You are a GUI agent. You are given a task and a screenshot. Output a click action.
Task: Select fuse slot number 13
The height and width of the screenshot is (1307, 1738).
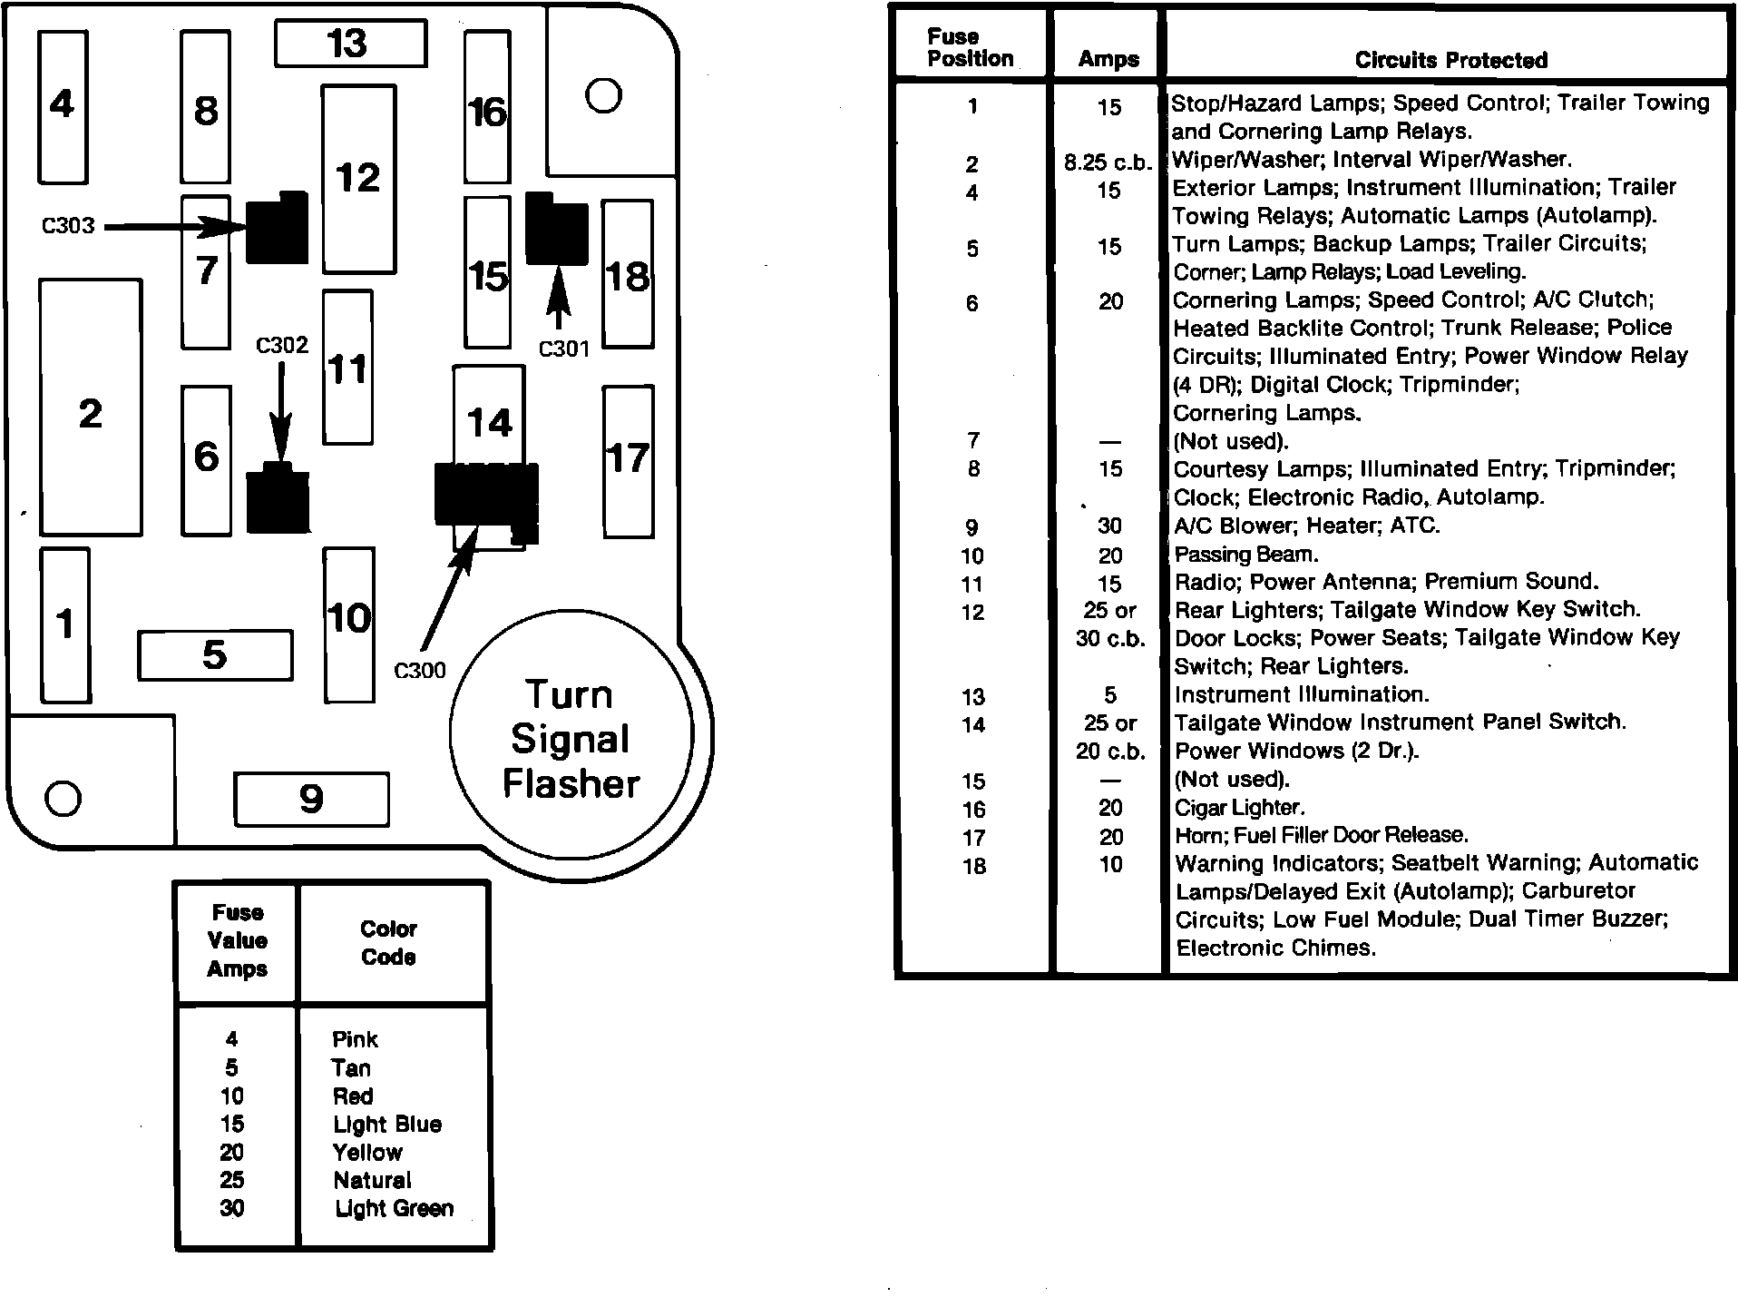tap(350, 44)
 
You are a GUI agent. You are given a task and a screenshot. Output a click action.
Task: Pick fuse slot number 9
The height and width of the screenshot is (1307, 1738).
tap(311, 799)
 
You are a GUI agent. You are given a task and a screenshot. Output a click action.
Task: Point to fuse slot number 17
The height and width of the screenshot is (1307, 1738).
tap(628, 461)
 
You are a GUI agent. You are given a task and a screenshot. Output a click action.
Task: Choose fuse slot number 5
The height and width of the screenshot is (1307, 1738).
tap(215, 654)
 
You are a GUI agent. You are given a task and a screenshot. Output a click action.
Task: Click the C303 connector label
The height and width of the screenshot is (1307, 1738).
tap(68, 225)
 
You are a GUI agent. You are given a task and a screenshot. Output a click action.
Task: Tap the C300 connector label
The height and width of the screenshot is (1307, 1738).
tap(420, 671)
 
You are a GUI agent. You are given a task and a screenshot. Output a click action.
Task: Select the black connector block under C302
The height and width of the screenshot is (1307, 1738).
tap(278, 498)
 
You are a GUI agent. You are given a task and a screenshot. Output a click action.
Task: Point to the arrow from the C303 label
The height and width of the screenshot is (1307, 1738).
tap(172, 227)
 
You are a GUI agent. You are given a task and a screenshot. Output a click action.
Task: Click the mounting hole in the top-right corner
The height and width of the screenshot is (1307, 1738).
tap(603, 95)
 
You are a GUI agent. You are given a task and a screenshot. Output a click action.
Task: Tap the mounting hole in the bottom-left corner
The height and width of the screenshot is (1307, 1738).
tap(63, 798)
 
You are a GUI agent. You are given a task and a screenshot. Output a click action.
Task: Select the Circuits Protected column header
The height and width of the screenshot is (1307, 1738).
tap(1450, 60)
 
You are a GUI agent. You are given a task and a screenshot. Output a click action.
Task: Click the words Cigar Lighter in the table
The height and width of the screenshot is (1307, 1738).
tap(1239, 808)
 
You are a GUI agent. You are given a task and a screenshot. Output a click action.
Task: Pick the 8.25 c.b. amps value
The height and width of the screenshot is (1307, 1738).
tap(1108, 163)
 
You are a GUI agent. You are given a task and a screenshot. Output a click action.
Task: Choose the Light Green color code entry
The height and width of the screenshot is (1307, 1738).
tap(394, 1208)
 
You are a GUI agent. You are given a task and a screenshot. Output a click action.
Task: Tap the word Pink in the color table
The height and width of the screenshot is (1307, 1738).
tap(355, 1039)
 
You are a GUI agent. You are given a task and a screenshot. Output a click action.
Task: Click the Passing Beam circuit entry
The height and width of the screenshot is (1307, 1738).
tap(1245, 555)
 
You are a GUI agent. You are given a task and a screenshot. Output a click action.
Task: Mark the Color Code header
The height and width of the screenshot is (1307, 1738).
tap(388, 942)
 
